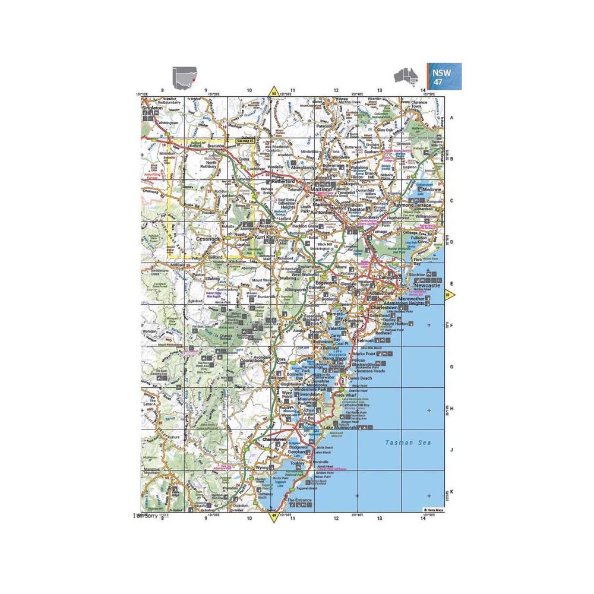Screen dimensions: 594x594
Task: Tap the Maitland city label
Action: (x=317, y=189)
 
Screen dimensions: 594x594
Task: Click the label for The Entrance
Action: (x=299, y=501)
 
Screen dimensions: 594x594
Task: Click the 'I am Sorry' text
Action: (x=151, y=516)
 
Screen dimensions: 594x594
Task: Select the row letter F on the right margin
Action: (x=451, y=326)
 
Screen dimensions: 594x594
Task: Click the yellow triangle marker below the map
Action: (x=274, y=517)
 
